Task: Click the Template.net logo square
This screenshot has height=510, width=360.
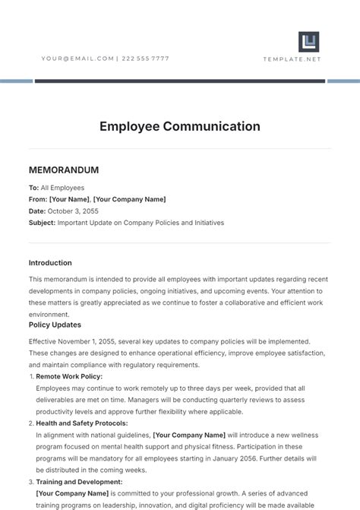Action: point(308,42)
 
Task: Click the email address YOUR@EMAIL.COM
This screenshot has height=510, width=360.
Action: point(77,59)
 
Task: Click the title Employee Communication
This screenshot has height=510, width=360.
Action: point(180,126)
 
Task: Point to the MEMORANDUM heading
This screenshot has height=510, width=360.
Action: point(64,170)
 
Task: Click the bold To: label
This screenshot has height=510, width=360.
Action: point(33,188)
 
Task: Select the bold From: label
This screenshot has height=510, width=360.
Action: point(38,199)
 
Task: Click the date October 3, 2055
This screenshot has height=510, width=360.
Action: point(73,211)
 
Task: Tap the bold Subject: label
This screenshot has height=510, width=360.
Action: point(42,223)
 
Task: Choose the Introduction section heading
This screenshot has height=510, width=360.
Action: point(50,263)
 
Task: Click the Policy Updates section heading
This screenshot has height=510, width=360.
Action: point(55,325)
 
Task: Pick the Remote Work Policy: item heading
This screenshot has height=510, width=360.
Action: point(69,376)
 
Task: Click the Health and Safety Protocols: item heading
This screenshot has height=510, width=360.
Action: point(82,423)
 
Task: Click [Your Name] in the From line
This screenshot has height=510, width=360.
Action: point(69,199)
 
